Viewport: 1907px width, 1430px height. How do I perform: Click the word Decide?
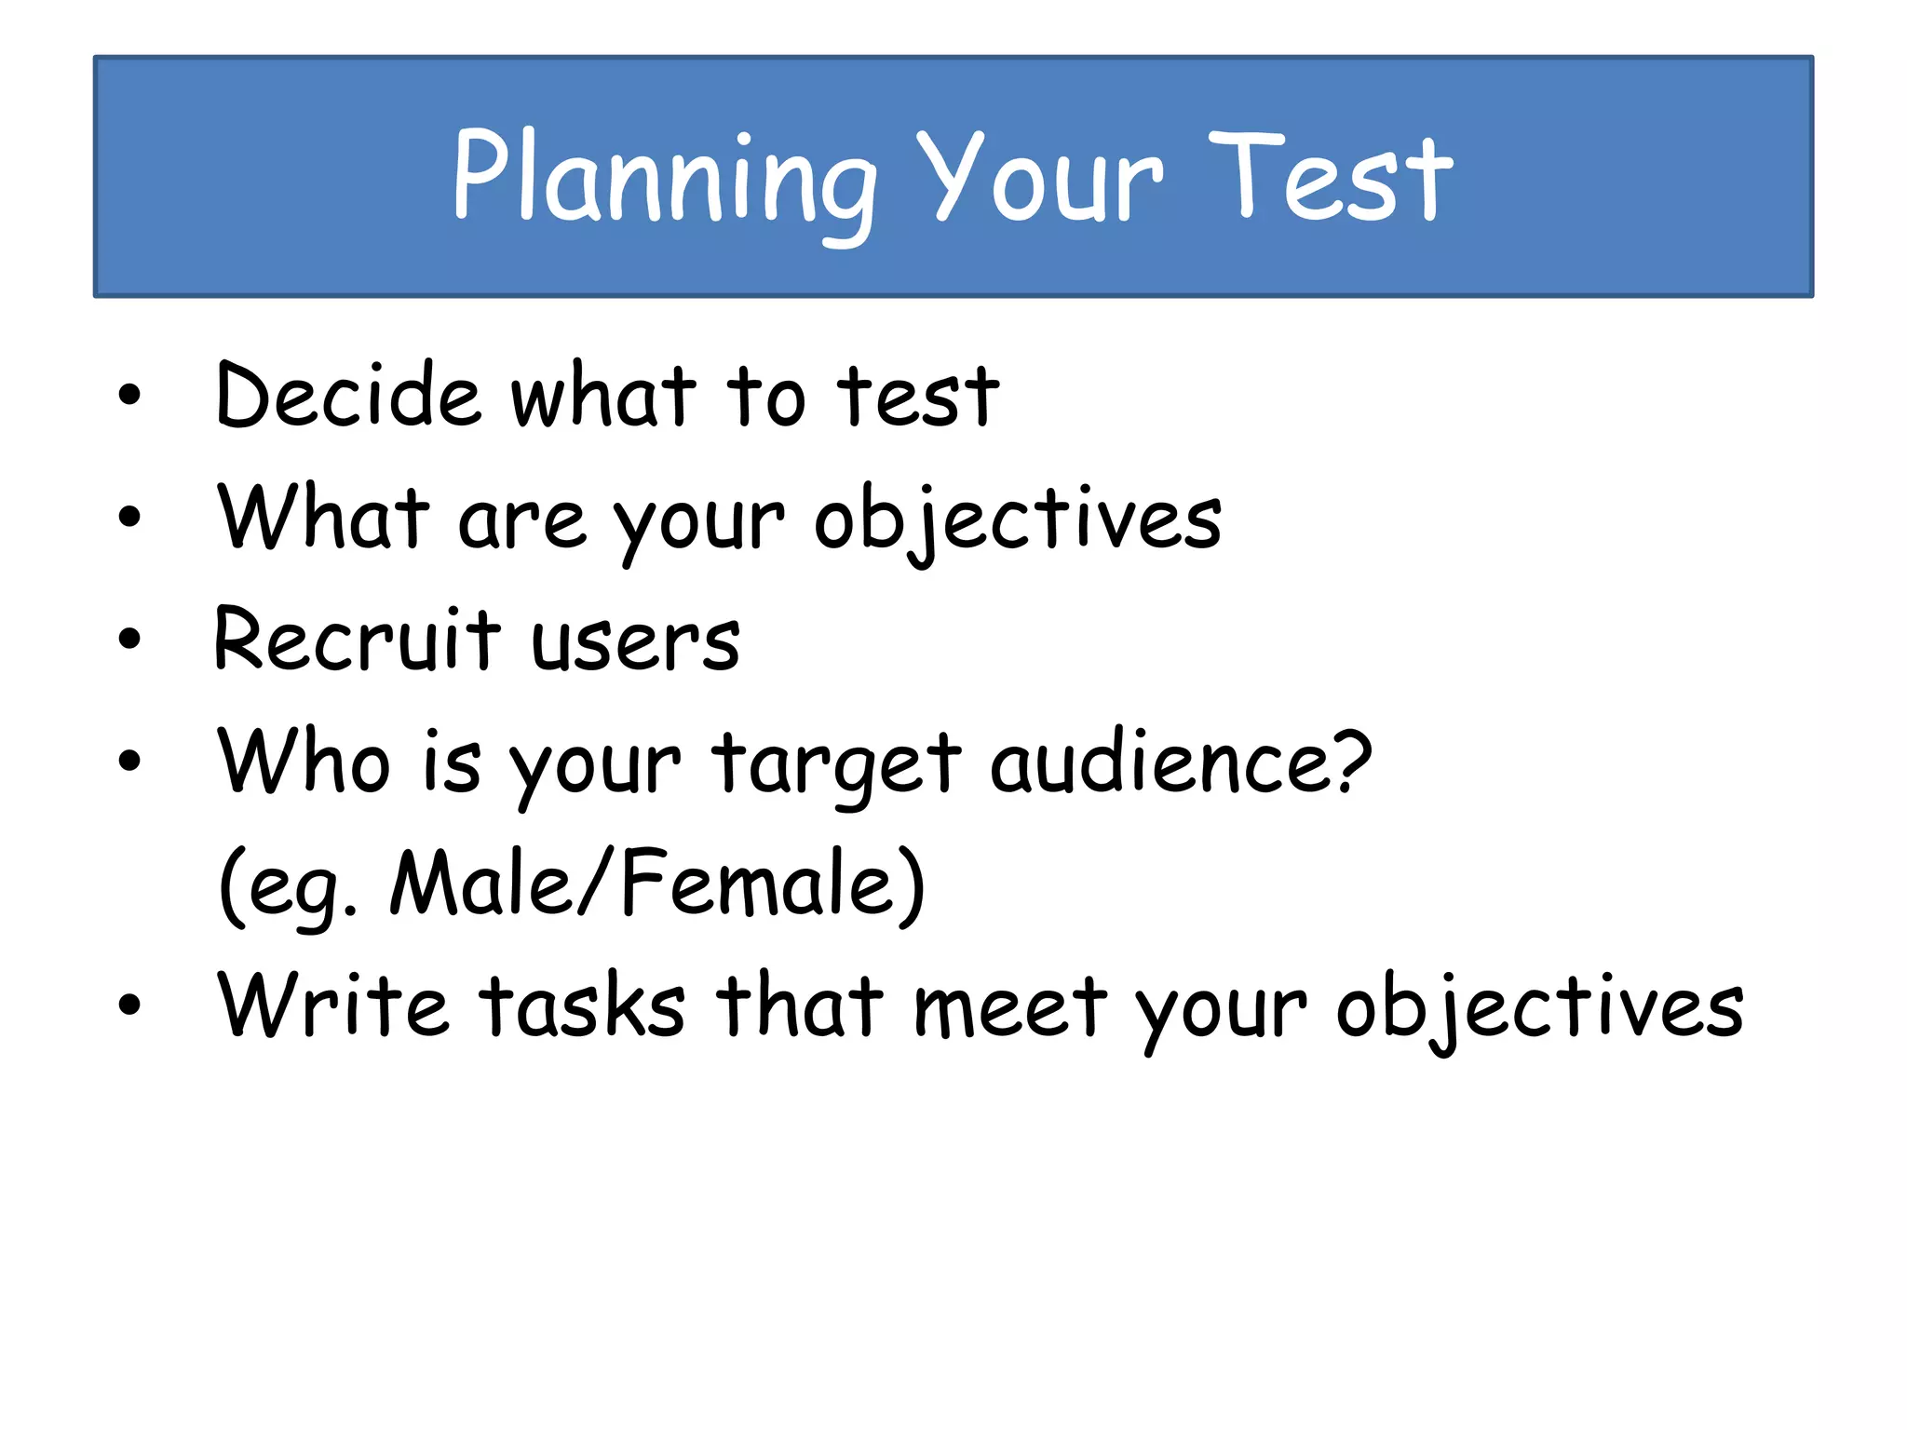[x=348, y=395]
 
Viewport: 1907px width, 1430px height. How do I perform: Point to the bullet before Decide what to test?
[x=129, y=395]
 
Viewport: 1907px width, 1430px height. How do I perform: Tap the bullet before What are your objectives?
[x=129, y=517]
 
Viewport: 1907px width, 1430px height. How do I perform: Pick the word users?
[x=636, y=642]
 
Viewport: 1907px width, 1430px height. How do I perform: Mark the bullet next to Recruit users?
[x=129, y=639]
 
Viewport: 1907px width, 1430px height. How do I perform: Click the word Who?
[x=304, y=761]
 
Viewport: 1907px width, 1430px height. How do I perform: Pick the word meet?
[x=1011, y=1006]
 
